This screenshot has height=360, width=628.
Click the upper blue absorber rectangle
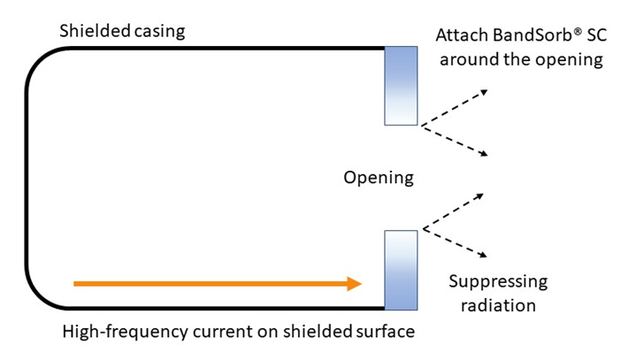pyautogui.click(x=401, y=86)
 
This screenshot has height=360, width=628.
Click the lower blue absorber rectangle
pyautogui.click(x=401, y=270)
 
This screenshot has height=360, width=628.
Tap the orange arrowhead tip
pyautogui.click(x=362, y=284)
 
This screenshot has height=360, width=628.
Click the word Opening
pyautogui.click(x=379, y=178)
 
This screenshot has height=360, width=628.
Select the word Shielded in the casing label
pyautogui.click(x=96, y=31)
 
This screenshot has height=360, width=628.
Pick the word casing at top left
pyautogui.click(x=159, y=32)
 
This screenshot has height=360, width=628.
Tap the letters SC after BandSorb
pyautogui.click(x=597, y=35)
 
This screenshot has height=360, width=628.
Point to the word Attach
pyautogui.click(x=462, y=35)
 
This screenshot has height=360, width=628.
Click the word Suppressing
pyautogui.click(x=498, y=282)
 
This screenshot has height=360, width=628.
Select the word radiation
pyautogui.click(x=498, y=305)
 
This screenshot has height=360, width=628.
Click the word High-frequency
pyautogui.click(x=125, y=332)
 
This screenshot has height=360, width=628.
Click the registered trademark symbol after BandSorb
pyautogui.click(x=578, y=31)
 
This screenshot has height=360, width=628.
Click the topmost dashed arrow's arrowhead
pyautogui.click(x=484, y=93)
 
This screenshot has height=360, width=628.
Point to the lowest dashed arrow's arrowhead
pyautogui.click(x=484, y=255)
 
